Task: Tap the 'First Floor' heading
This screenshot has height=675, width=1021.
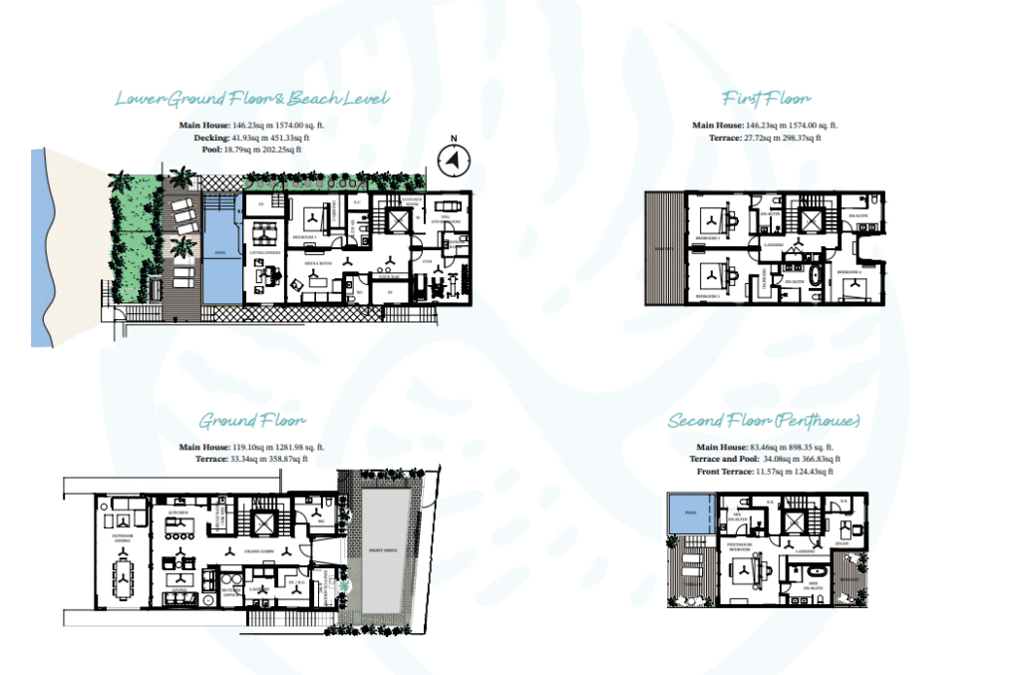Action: (766, 98)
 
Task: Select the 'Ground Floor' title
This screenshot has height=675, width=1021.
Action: (251, 421)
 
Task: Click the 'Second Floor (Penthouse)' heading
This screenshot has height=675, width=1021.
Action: (765, 421)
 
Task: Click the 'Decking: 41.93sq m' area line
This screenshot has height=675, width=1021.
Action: (251, 138)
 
